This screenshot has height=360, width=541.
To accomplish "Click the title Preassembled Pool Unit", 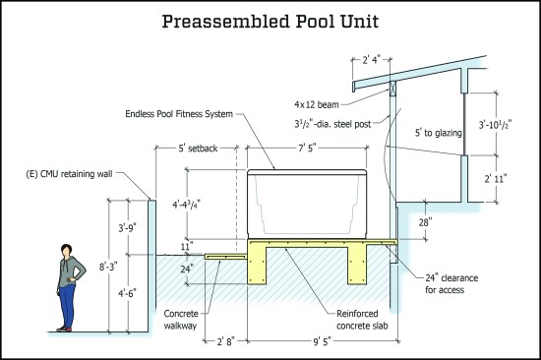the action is (270, 22).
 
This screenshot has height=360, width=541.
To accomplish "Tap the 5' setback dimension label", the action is (198, 149).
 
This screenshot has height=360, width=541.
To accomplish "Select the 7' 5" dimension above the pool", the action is (307, 149).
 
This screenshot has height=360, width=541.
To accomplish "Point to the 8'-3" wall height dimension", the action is (108, 267).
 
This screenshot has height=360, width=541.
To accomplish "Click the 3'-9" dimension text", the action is (127, 228).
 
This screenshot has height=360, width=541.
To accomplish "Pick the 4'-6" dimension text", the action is (127, 293).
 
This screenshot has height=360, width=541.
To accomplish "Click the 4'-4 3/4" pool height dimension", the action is (186, 205).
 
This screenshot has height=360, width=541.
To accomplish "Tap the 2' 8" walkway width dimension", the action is (225, 341).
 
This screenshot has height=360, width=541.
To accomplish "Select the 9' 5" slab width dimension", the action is (322, 341).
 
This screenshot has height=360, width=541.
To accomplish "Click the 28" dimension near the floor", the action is (425, 222).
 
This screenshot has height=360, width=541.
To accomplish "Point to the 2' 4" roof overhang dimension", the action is (371, 60).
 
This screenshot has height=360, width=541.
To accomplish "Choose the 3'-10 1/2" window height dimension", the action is (495, 125).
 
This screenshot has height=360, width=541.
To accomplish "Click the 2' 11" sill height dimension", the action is (496, 179).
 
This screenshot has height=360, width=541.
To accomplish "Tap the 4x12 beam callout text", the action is (317, 104).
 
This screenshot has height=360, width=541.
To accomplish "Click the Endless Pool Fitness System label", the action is (179, 114).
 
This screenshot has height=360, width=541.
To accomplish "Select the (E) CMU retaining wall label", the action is (70, 174).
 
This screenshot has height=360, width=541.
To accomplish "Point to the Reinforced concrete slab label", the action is (362, 320).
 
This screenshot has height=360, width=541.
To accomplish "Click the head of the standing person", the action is (66, 250).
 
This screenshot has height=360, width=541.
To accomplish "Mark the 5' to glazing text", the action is (438, 133).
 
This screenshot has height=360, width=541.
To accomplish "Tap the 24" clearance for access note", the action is (451, 283).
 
